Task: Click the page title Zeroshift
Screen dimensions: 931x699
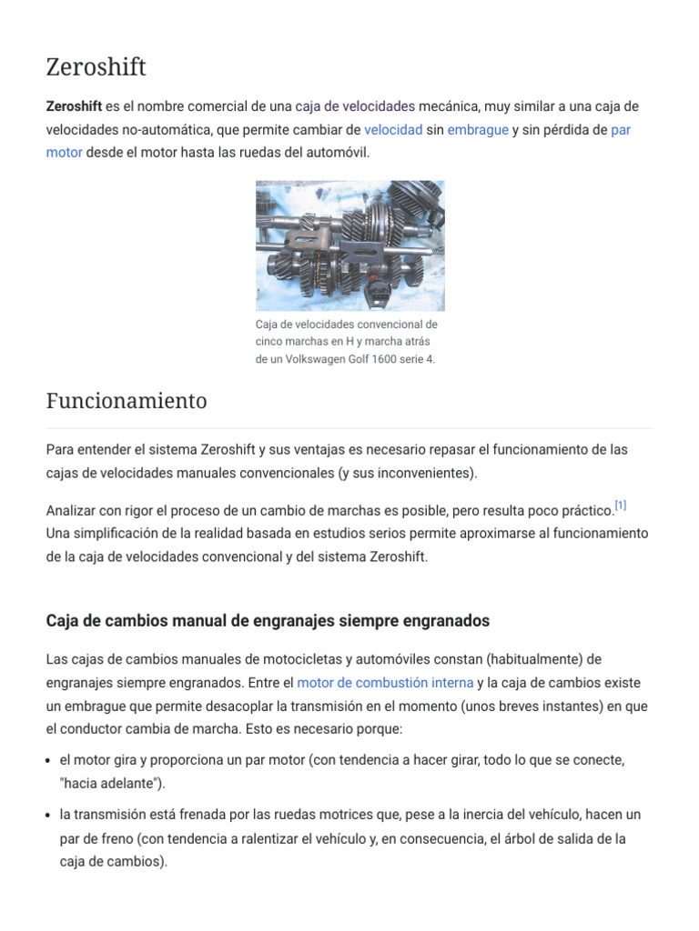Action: point(96,67)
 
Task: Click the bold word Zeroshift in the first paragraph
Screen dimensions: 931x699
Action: point(74,106)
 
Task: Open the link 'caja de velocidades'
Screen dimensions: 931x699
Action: point(355,106)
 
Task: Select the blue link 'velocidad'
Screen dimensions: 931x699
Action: point(393,130)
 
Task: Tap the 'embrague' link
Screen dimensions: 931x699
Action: point(478,130)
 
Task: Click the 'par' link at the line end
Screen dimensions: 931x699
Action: point(621,130)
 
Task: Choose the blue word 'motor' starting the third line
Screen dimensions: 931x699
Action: point(64,153)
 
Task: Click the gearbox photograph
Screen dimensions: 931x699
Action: point(349,245)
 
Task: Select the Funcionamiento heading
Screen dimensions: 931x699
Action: point(127,401)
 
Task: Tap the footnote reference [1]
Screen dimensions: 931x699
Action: point(621,506)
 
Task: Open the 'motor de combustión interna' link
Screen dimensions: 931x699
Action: point(385,683)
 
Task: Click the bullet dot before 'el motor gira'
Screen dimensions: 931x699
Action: point(50,760)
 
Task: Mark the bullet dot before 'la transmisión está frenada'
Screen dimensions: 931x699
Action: point(50,816)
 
